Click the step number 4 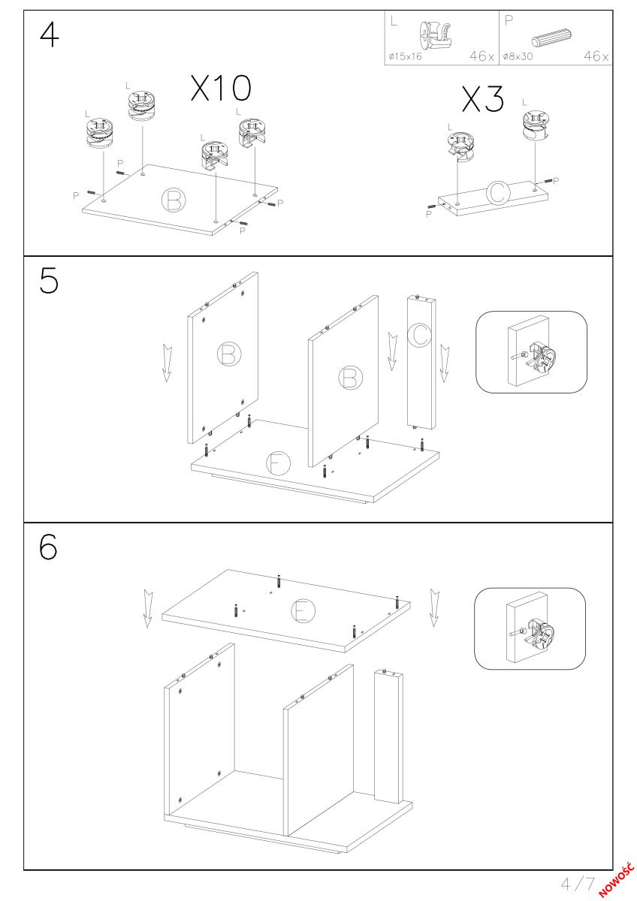[50, 35]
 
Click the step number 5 [49, 280]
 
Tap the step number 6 [48, 547]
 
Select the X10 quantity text [221, 88]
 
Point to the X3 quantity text [482, 98]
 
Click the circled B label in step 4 [174, 200]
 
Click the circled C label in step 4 [498, 193]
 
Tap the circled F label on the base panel [278, 463]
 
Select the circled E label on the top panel [303, 610]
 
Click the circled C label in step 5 [419, 335]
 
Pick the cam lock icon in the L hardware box [435, 35]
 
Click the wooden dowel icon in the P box [551, 38]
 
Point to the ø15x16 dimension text [405, 56]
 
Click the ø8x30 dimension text [518, 56]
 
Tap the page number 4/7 [578, 884]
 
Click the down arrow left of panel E [148, 608]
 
